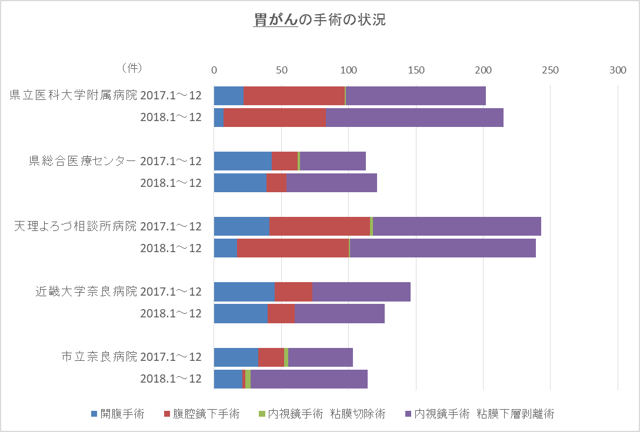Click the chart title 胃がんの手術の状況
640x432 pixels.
(319, 19)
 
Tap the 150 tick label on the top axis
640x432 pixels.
(416, 70)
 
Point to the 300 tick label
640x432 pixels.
(618, 70)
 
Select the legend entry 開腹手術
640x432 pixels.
(118, 414)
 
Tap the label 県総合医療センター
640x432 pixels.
(83, 161)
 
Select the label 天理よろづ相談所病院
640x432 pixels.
(75, 226)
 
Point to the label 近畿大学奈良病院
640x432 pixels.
(86, 292)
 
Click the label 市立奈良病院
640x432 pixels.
(99, 357)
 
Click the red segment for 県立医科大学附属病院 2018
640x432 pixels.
(274, 118)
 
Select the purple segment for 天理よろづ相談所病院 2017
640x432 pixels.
(456, 226)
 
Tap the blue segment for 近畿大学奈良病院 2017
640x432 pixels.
(244, 292)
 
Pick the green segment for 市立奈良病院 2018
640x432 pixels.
(248, 379)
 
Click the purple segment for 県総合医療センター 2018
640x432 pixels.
(332, 183)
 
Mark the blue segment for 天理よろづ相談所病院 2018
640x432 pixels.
(225, 248)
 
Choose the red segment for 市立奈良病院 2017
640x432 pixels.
(271, 357)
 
